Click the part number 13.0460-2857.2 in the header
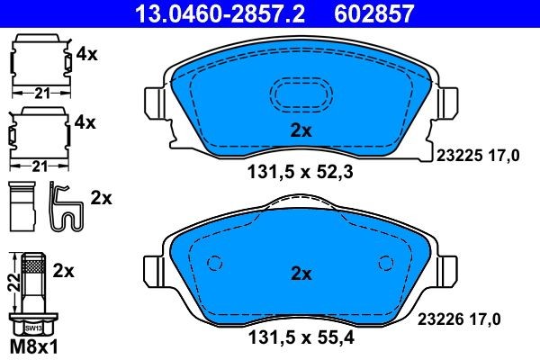tap(220, 13)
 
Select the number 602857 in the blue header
tap(374, 13)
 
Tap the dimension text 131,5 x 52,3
tap(300, 172)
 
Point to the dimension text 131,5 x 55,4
tap(301, 337)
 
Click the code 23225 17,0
tap(478, 156)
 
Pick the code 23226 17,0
tap(459, 319)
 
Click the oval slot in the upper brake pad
tap(301, 94)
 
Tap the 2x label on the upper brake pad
tap(301, 130)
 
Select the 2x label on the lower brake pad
tap(301, 274)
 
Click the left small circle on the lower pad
tap(214, 263)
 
